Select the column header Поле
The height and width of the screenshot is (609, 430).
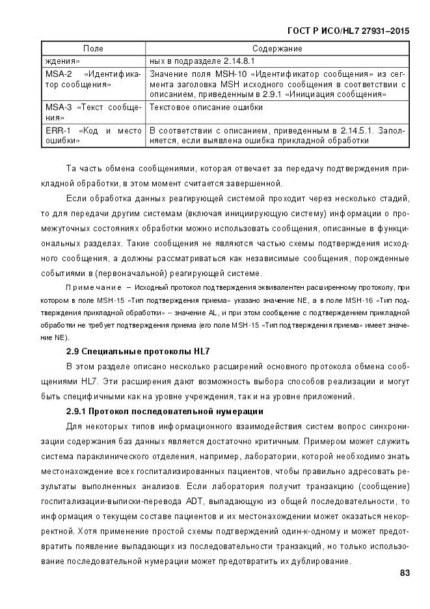tap(93, 49)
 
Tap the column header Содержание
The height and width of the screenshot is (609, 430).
tap(277, 49)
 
